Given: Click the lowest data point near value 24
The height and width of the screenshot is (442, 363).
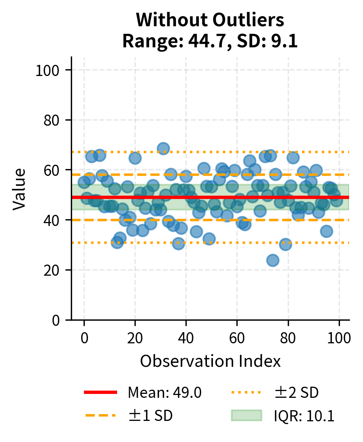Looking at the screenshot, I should pyautogui.click(x=273, y=261).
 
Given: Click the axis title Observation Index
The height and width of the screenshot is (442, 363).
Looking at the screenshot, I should pyautogui.click(x=210, y=361).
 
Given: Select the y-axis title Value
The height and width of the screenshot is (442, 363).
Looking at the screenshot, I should pyautogui.click(x=19, y=189).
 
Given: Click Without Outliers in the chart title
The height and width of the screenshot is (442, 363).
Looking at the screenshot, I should pyautogui.click(x=210, y=20).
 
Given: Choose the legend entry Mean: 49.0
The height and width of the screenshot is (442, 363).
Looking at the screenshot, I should pyautogui.click(x=164, y=393).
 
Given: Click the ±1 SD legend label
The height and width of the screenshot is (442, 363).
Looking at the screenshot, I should pyautogui.click(x=150, y=416).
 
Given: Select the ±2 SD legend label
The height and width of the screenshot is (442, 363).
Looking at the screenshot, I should pyautogui.click(x=296, y=393).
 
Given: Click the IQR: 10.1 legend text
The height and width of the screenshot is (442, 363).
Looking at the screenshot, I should pyautogui.click(x=304, y=416).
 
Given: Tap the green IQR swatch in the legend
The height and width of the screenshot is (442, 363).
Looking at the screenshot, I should pyautogui.click(x=246, y=415).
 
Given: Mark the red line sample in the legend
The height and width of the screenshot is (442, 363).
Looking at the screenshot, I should pyautogui.click(x=101, y=393).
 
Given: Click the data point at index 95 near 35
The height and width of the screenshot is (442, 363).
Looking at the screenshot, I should pyautogui.click(x=326, y=231).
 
